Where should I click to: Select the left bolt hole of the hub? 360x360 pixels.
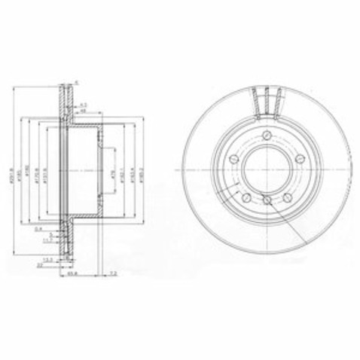(235, 160)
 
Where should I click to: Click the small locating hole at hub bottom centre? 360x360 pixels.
(267, 200)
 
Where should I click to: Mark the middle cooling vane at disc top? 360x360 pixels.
(266, 100)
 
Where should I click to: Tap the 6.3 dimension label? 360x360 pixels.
(83, 105)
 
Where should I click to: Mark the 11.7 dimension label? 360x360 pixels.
(50, 242)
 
